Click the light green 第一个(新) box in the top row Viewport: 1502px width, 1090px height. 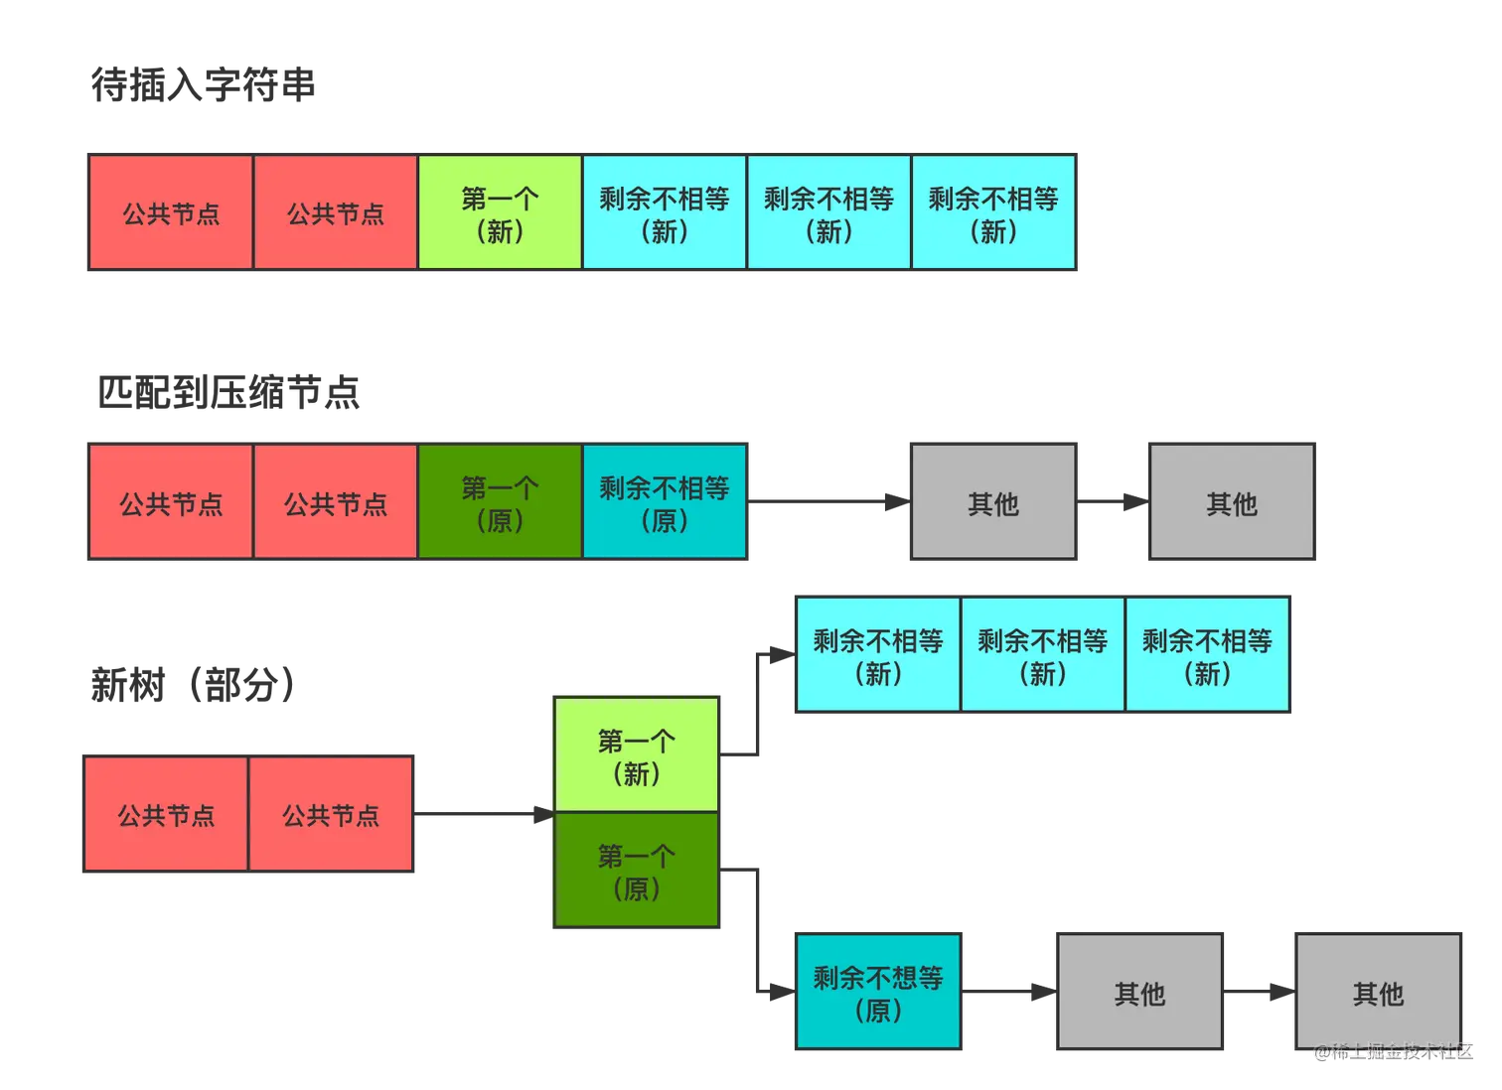coord(500,212)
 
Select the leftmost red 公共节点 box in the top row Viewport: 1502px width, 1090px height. coord(171,212)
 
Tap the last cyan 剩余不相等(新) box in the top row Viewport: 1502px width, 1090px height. coord(993,212)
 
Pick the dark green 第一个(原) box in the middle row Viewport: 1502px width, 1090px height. coord(500,502)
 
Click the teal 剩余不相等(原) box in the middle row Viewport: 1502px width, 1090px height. coord(665,502)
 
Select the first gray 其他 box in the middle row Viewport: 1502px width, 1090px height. coord(993,502)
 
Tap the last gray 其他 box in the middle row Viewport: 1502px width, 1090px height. coord(1232,502)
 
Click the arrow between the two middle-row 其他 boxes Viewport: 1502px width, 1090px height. coord(1113,500)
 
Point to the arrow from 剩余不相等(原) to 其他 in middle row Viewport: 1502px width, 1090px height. coord(829,500)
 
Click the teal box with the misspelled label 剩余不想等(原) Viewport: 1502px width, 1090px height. coord(878,992)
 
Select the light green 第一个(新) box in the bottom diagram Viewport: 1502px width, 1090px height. coord(637,755)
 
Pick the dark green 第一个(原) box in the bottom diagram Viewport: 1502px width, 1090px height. coord(637,871)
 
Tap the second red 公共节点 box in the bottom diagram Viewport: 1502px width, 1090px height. coord(331,815)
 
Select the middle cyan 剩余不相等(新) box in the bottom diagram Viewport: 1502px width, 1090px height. coord(1042,655)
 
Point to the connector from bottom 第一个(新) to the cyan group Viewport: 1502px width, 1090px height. coord(758,705)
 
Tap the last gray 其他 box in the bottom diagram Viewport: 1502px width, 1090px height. coord(1378,992)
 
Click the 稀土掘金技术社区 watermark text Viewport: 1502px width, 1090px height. coord(1393,1050)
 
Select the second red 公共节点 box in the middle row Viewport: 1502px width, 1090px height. coord(336,502)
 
